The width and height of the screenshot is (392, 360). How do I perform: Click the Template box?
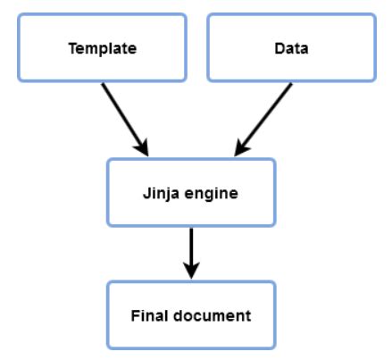102,48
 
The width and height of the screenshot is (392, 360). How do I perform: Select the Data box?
291,48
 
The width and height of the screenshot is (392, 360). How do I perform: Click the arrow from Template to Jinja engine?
125,116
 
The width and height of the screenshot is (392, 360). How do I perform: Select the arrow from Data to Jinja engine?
264,116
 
